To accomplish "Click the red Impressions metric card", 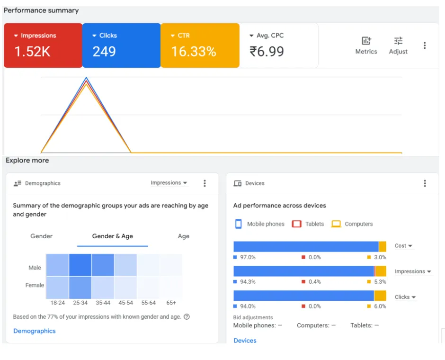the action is point(43,45).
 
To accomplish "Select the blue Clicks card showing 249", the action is point(122,45).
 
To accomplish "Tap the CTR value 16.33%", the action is point(194,51).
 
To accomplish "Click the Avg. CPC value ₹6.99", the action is point(267,51).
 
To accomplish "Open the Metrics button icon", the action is point(366,41).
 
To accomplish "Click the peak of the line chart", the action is point(86,78).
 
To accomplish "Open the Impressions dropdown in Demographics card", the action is point(169,183).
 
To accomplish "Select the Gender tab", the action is point(42,236).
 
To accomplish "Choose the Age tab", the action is point(184,236).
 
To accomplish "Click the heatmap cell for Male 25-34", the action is point(80,265).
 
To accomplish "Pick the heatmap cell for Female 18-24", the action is point(57,288).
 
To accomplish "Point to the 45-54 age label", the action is point(126,303).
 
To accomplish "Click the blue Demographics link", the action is point(35,331).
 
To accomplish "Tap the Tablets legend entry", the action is point(308,224).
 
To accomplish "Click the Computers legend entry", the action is point(352,224).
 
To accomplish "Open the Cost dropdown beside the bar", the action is point(403,245).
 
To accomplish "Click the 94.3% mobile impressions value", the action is point(248,282).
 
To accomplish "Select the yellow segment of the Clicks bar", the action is point(380,296).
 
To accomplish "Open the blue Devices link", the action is point(245,341).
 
